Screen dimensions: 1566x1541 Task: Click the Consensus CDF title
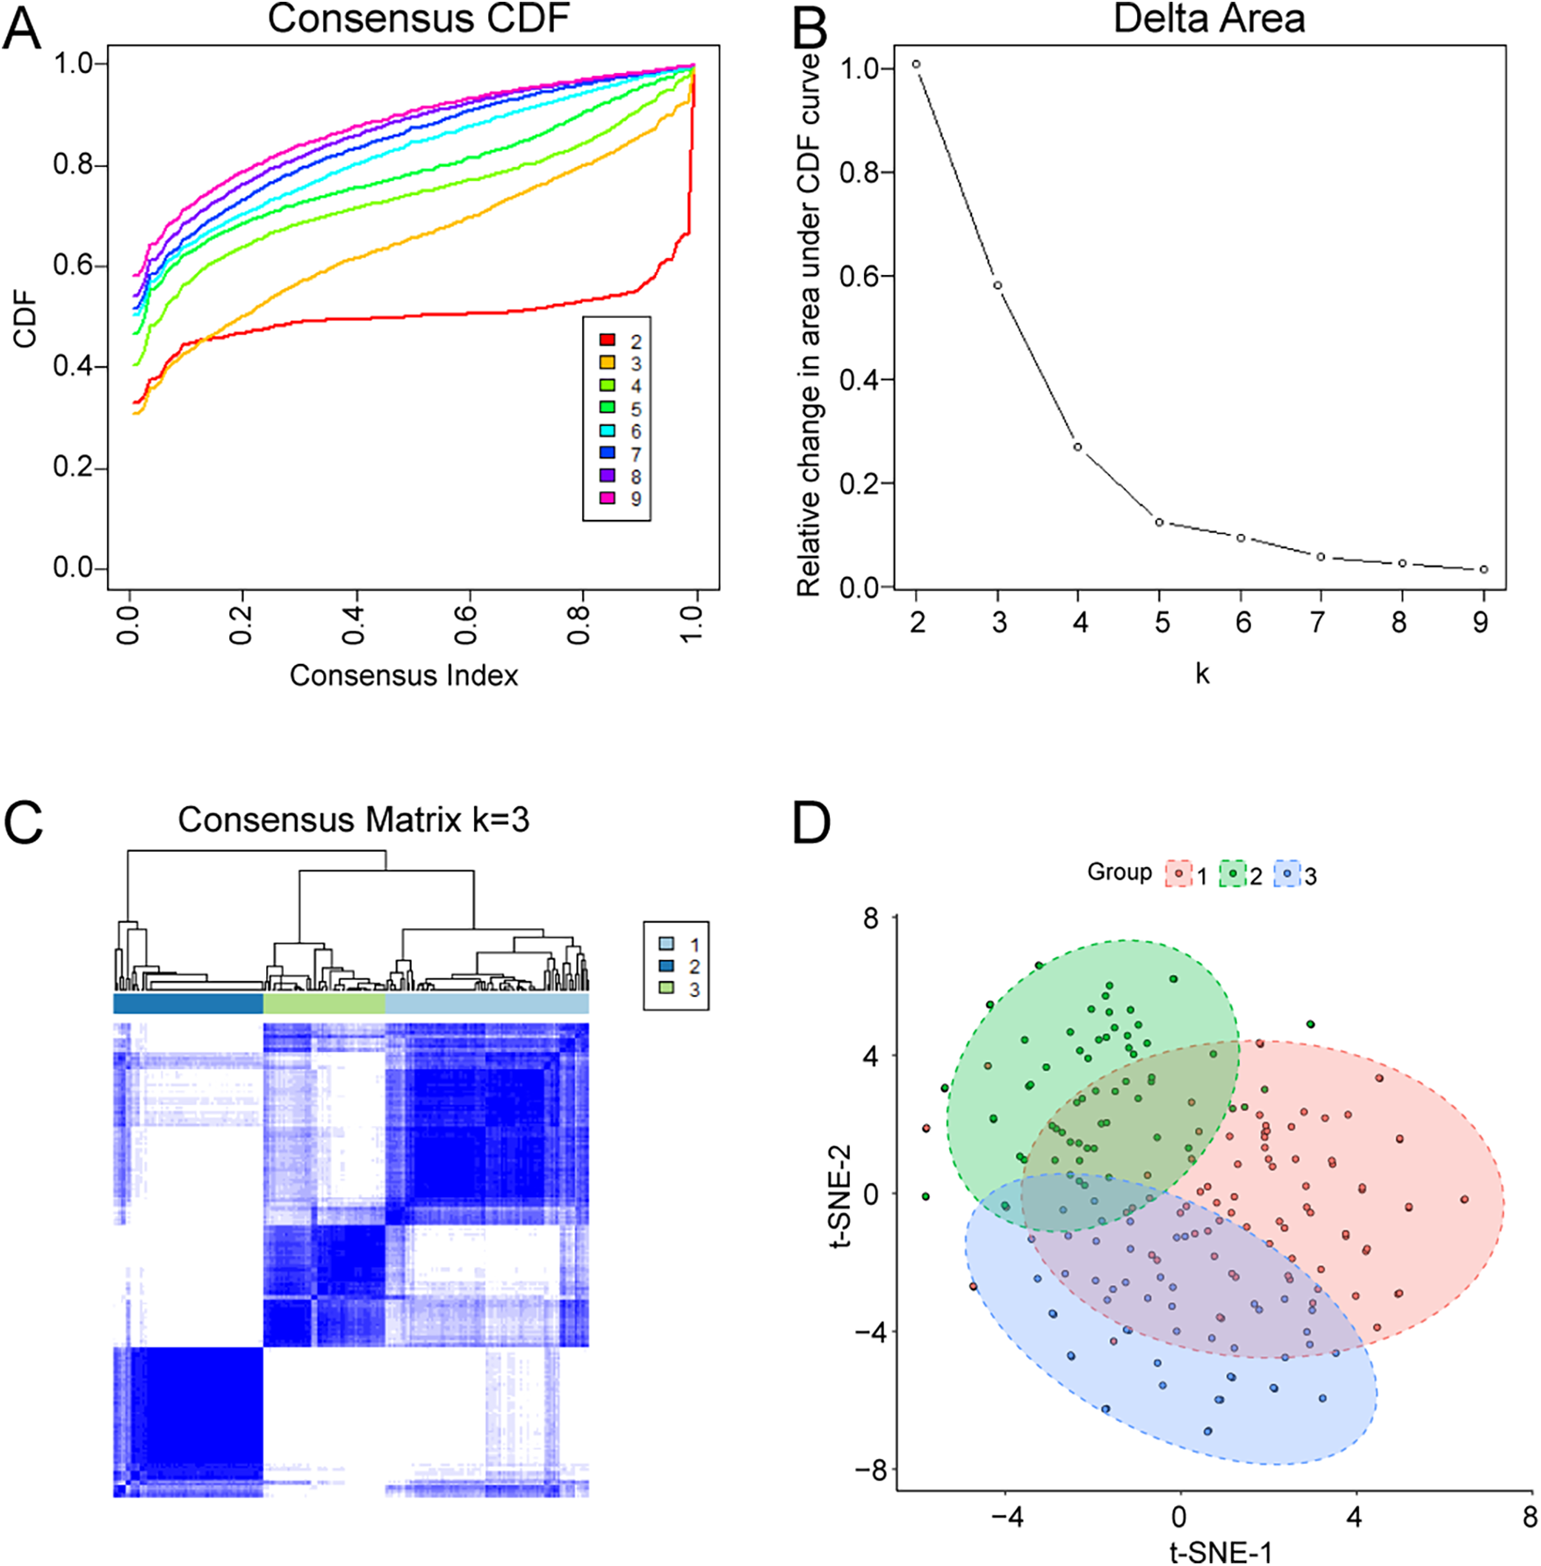pyautogui.click(x=418, y=19)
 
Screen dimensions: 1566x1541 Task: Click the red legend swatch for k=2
pyautogui.click(x=607, y=340)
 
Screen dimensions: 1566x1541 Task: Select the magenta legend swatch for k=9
pyautogui.click(x=607, y=498)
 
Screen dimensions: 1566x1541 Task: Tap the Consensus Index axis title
pyautogui.click(x=404, y=675)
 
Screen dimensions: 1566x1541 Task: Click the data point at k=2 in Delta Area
pyautogui.click(x=916, y=64)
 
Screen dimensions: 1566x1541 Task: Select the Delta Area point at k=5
pyautogui.click(x=1159, y=523)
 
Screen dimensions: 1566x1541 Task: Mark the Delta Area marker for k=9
pyautogui.click(x=1484, y=569)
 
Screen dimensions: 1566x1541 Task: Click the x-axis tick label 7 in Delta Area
pyautogui.click(x=1317, y=623)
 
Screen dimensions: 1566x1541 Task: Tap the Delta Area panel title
pyautogui.click(x=1209, y=19)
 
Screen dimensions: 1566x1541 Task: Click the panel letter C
pyautogui.click(x=24, y=823)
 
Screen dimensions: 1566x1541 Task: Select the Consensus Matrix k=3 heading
pyautogui.click(x=353, y=819)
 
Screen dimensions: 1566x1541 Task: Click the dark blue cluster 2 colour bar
pyautogui.click(x=188, y=1003)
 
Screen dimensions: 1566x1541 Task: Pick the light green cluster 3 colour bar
pyautogui.click(x=324, y=1003)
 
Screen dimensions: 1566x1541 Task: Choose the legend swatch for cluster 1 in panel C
pyautogui.click(x=666, y=943)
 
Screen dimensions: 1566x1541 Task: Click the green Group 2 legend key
pyautogui.click(x=1233, y=874)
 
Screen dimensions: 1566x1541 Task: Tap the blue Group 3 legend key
pyautogui.click(x=1287, y=874)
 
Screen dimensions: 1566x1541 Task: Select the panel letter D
pyautogui.click(x=811, y=824)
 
